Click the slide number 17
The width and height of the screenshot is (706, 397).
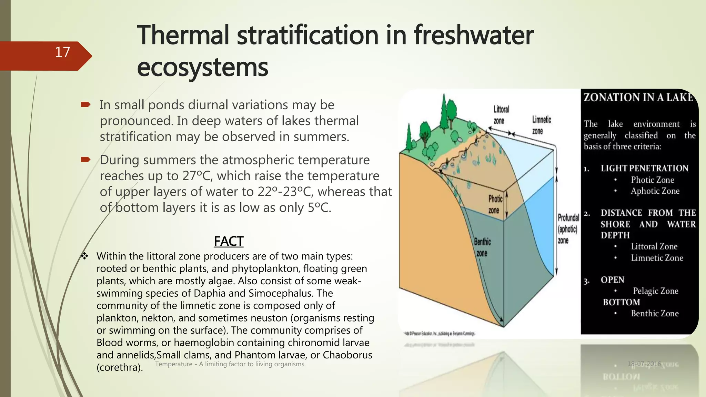click(x=62, y=52)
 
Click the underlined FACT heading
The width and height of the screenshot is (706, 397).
click(x=229, y=241)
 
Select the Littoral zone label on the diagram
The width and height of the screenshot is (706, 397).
click(x=501, y=115)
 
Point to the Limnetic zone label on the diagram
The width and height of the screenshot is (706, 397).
click(x=541, y=125)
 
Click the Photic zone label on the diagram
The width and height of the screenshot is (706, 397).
click(x=495, y=204)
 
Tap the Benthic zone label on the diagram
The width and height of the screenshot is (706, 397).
click(x=482, y=247)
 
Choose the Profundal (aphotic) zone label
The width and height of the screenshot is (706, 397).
click(x=568, y=229)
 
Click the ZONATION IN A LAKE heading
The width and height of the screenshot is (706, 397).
click(x=638, y=98)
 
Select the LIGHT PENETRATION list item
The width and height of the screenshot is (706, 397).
click(x=644, y=168)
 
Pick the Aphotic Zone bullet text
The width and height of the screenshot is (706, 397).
click(x=655, y=191)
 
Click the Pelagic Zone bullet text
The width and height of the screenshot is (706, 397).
click(x=655, y=291)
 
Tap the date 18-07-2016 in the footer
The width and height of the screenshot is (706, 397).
click(x=644, y=364)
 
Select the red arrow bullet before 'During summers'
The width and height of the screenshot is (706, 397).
click(x=85, y=160)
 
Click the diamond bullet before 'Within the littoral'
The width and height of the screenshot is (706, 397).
click(x=85, y=256)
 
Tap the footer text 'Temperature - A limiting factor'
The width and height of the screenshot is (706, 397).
click(x=230, y=364)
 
